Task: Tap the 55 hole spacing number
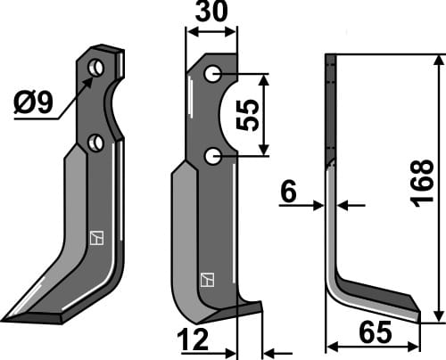click(x=252, y=116)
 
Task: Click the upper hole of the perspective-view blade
click(x=97, y=68)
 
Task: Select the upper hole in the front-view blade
click(x=212, y=74)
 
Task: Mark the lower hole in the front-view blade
click(x=213, y=157)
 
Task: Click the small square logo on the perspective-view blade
click(x=95, y=238)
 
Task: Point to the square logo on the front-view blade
click(x=207, y=279)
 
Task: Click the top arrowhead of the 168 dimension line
click(x=438, y=60)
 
